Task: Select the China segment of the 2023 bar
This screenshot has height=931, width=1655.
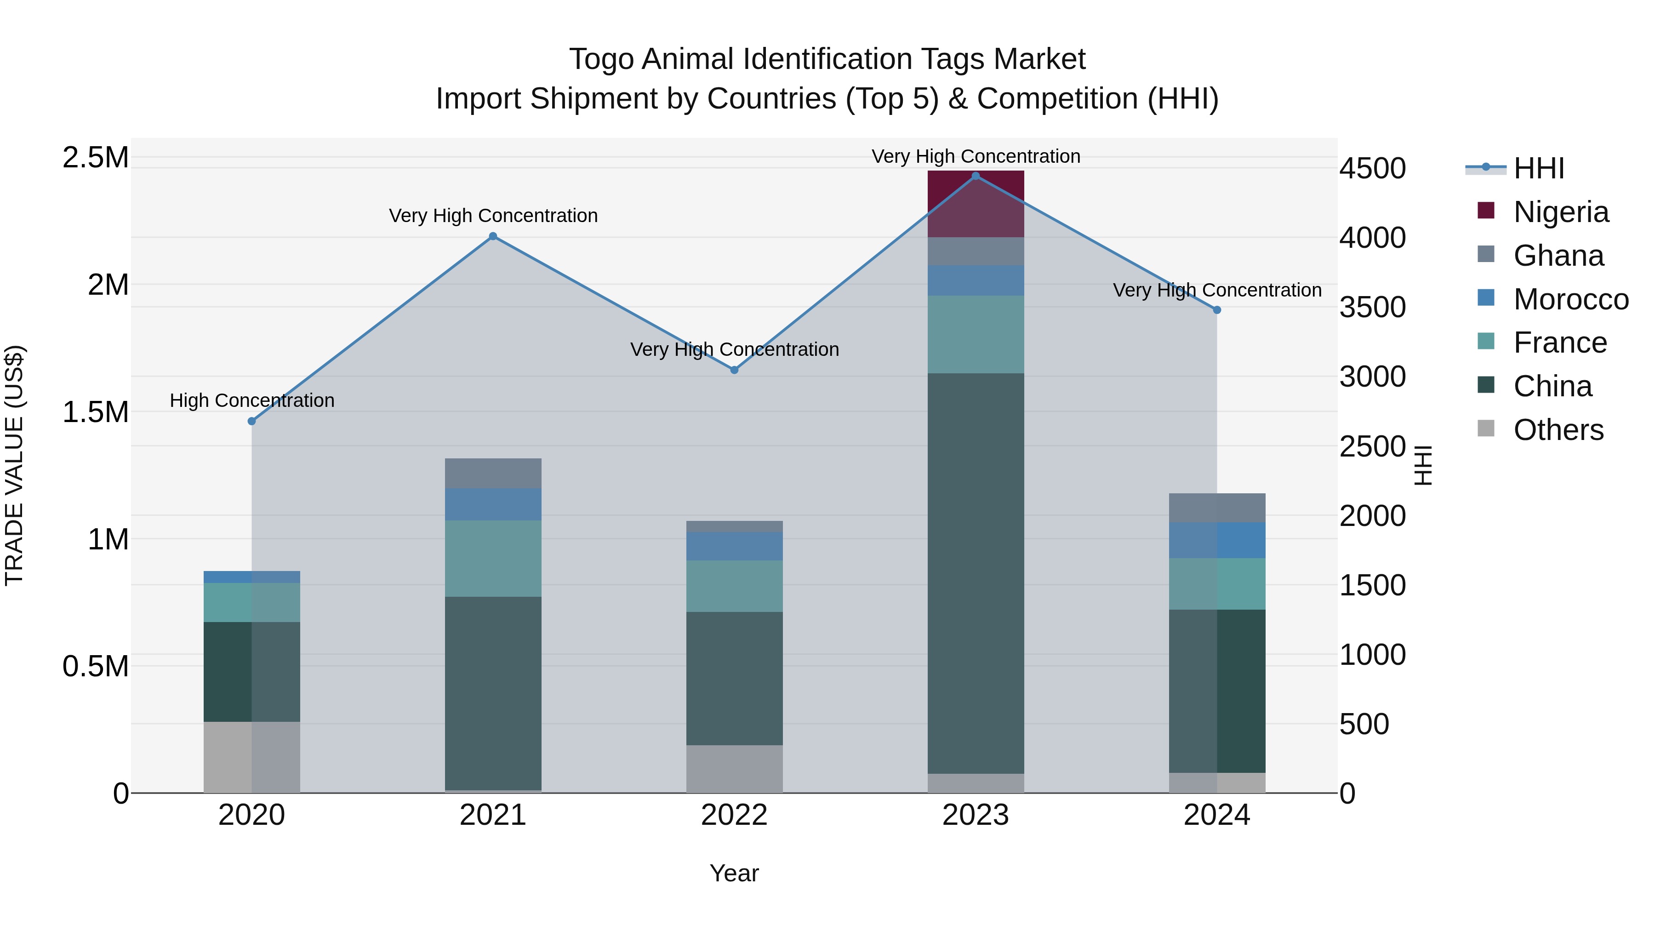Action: click(x=975, y=572)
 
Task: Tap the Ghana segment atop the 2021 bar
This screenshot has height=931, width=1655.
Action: click(x=493, y=473)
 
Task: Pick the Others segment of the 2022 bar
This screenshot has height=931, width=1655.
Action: click(x=734, y=768)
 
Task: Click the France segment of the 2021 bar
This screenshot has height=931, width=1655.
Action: click(x=493, y=558)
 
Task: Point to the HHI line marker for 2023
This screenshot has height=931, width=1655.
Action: click(x=975, y=176)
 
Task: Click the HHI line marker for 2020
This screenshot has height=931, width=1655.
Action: click(x=252, y=421)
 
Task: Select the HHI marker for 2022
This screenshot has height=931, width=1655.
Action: click(x=734, y=370)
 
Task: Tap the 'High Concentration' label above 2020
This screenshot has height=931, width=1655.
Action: click(x=252, y=400)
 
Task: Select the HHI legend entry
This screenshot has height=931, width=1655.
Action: click(x=1538, y=168)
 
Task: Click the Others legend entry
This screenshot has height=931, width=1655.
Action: click(x=1558, y=430)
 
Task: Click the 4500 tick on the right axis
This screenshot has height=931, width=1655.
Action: click(x=1372, y=168)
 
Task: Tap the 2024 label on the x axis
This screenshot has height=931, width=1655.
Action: click(x=1216, y=815)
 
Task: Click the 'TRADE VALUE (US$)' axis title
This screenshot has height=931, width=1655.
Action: click(x=14, y=465)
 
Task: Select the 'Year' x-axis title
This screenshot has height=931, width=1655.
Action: click(x=734, y=873)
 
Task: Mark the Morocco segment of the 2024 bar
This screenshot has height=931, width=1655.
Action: click(x=1216, y=540)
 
